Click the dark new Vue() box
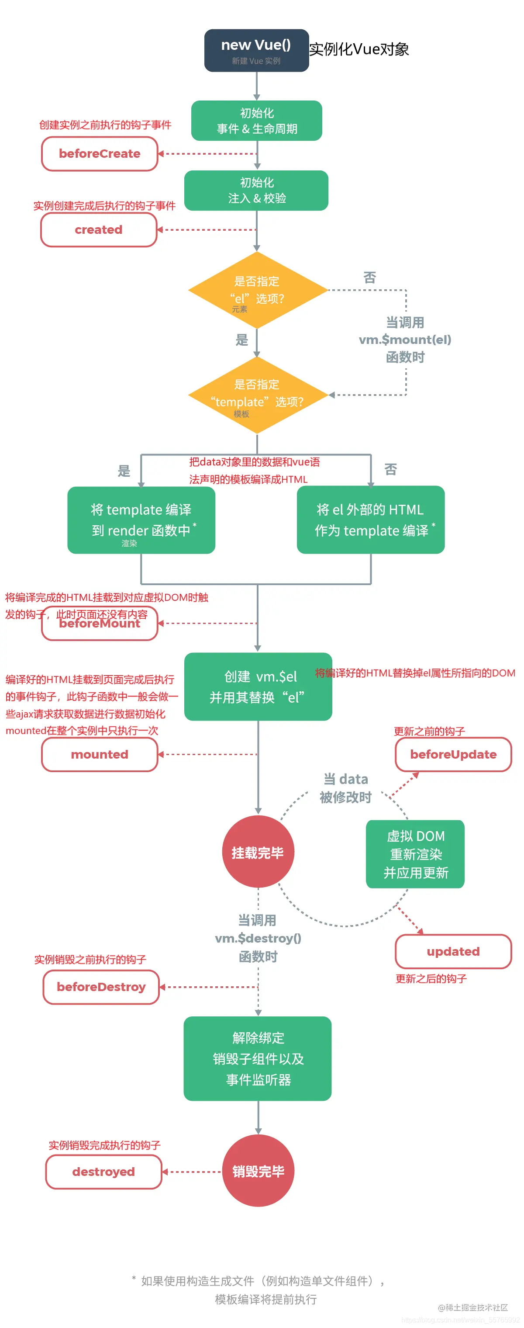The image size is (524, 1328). (x=256, y=51)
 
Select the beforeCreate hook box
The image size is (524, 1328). (x=100, y=154)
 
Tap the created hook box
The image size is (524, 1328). (x=98, y=230)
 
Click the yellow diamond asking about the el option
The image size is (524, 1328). (x=257, y=290)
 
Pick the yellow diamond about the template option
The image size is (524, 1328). (x=257, y=395)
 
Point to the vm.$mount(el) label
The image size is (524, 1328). (x=405, y=340)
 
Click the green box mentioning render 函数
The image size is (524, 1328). (x=141, y=520)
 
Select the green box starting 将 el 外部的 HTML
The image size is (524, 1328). (x=370, y=520)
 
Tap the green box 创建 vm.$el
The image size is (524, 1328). (x=258, y=687)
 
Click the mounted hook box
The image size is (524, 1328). (x=100, y=755)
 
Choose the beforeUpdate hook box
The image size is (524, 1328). (x=453, y=755)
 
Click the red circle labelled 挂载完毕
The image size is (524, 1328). (x=258, y=852)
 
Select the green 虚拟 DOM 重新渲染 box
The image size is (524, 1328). (x=415, y=854)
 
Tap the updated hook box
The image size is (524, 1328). (x=453, y=952)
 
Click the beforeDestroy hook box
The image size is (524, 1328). (x=101, y=987)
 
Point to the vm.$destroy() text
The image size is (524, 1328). (x=258, y=938)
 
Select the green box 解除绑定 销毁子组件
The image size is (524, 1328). (x=258, y=1059)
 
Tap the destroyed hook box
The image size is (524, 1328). (x=103, y=1172)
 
